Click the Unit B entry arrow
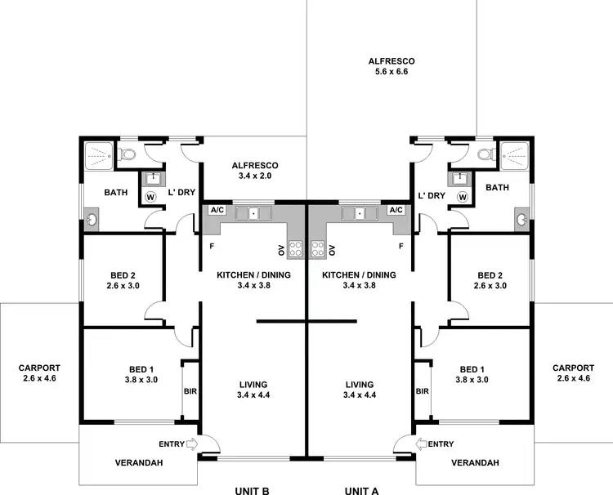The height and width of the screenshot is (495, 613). point(192,444)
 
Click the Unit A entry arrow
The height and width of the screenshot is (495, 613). point(421,444)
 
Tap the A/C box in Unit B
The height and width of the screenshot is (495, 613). point(217,210)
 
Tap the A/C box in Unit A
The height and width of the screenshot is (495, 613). point(396,210)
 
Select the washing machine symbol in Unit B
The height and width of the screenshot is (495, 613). point(150,197)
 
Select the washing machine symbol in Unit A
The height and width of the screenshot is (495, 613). point(463,197)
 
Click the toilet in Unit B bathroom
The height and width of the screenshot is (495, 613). point(128,154)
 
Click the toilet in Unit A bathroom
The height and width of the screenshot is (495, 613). point(484,154)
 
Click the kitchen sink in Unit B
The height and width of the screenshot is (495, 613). point(253,214)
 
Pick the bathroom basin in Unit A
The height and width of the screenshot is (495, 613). point(521,219)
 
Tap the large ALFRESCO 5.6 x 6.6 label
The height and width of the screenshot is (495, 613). point(392,66)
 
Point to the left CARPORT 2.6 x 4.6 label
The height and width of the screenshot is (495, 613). point(39,372)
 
